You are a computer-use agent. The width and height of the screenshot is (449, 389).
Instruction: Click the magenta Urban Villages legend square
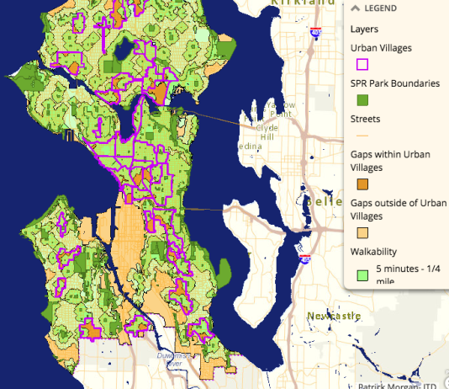pos(362,64)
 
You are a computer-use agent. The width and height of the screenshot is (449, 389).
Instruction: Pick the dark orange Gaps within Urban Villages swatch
pos(362,184)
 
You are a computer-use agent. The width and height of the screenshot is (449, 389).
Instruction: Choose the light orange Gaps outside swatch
pos(362,233)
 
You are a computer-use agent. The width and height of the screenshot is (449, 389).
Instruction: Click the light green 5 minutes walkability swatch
pos(362,272)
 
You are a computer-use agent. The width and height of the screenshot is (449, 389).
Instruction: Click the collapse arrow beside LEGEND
pos(356,8)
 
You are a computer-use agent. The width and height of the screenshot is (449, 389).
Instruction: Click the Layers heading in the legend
pos(366,28)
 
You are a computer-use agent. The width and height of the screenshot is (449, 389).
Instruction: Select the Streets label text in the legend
pos(367,119)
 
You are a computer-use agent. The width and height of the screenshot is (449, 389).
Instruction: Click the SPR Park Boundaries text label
pos(394,83)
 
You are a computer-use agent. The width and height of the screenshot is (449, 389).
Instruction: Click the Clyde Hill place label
pos(267,131)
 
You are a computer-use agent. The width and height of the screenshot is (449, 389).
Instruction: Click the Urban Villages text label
pos(381,47)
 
